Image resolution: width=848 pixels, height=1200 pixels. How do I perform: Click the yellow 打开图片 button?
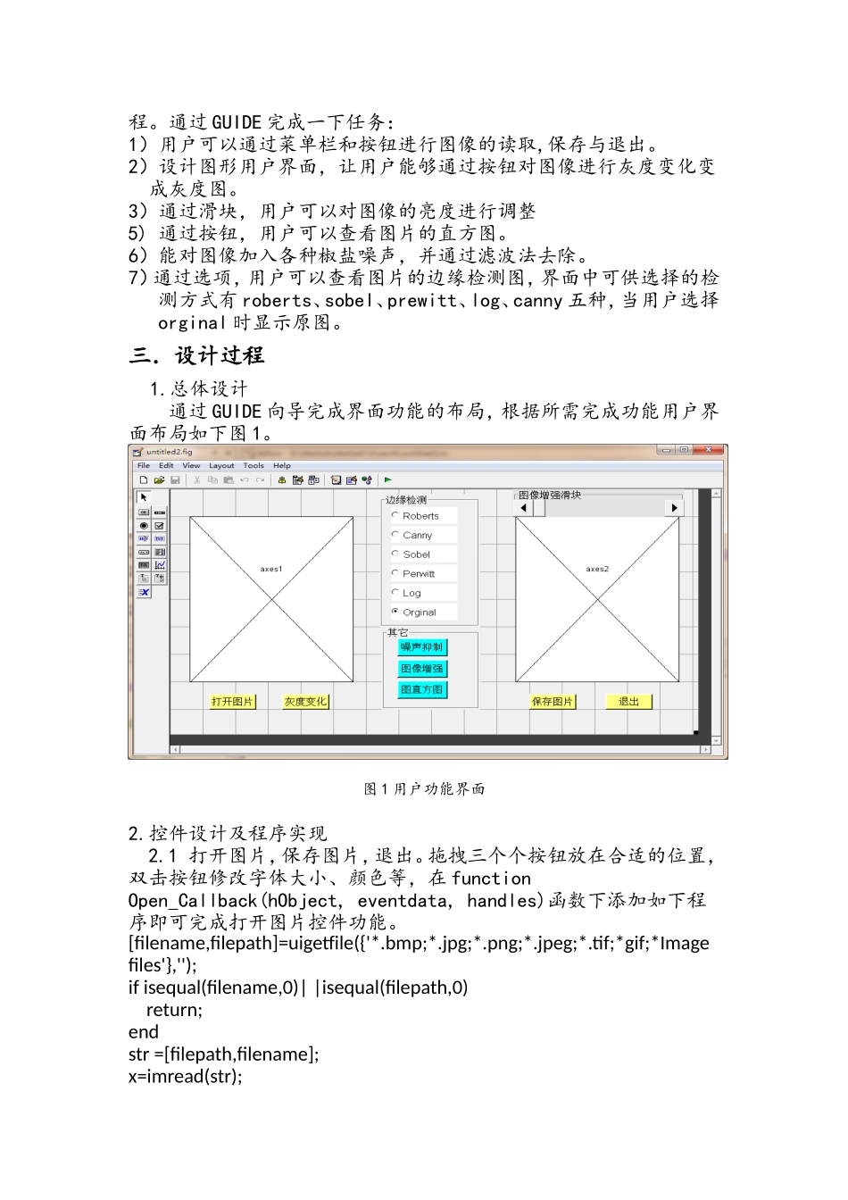(232, 702)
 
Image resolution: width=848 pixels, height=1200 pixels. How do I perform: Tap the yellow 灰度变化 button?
(305, 702)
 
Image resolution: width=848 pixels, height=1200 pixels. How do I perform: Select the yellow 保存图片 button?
(552, 702)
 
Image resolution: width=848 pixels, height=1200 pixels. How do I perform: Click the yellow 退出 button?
(628, 702)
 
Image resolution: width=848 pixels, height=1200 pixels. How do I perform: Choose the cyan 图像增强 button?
(421, 669)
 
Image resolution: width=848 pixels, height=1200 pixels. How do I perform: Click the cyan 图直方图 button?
(421, 689)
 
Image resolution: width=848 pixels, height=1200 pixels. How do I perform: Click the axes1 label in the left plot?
(271, 569)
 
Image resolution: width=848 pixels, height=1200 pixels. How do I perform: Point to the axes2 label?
(597, 569)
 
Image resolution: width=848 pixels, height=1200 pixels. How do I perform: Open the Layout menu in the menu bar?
(221, 465)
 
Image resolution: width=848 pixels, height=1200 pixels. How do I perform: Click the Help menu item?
(282, 465)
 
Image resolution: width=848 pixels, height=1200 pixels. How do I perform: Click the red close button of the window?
(710, 450)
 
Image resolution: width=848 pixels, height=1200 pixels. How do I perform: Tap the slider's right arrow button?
(674, 508)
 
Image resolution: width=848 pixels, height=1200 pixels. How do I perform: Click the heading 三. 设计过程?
(197, 355)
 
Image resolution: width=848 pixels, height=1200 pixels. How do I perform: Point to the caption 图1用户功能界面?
(424, 789)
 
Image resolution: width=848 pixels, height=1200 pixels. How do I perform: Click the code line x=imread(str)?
(185, 1076)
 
